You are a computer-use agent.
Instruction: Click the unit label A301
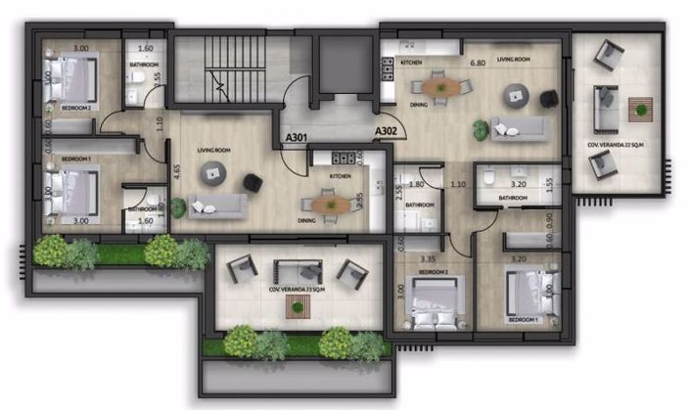[296, 139]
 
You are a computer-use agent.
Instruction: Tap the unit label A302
[386, 129]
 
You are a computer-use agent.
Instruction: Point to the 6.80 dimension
[478, 64]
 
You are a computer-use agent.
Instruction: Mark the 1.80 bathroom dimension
[415, 183]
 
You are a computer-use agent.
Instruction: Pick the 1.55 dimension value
[551, 182]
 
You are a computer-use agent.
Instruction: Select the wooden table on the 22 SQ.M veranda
[641, 108]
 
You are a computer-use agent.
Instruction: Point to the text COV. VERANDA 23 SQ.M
[294, 291]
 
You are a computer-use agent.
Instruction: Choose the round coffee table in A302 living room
[516, 95]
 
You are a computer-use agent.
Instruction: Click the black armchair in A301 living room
[253, 182]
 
